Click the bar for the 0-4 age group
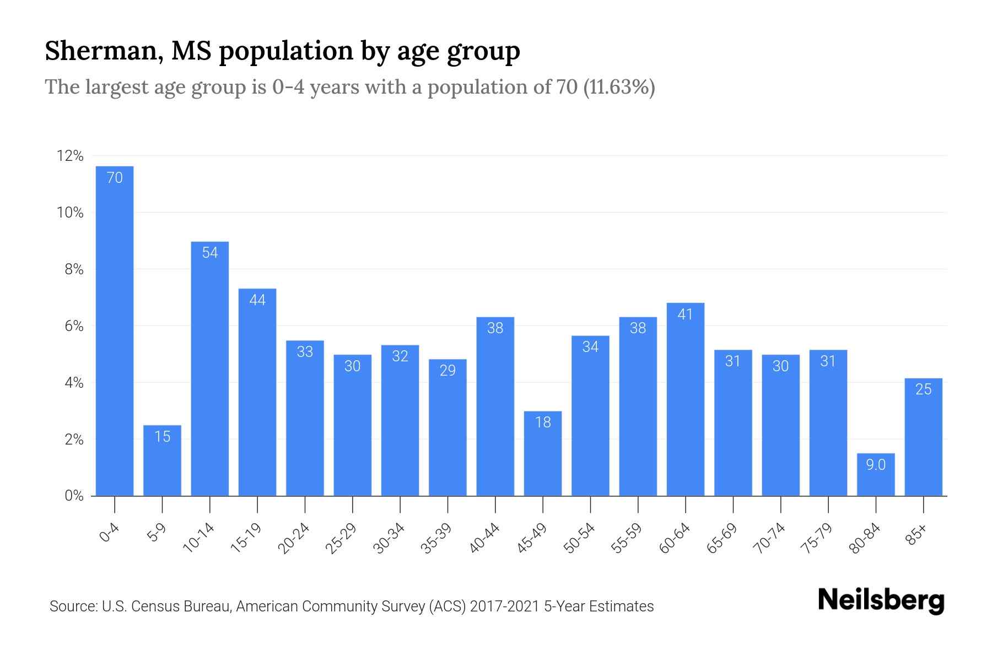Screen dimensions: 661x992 pyautogui.click(x=115, y=330)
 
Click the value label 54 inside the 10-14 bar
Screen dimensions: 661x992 pyautogui.click(x=210, y=253)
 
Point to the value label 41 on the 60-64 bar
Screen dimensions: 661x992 pyautogui.click(x=685, y=315)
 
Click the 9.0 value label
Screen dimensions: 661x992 pyautogui.click(x=876, y=465)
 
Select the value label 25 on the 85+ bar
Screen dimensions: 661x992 pyautogui.click(x=923, y=389)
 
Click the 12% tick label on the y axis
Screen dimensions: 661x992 pyautogui.click(x=70, y=156)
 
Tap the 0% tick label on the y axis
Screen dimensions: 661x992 pyautogui.click(x=74, y=496)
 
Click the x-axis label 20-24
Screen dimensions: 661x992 pyautogui.click(x=294, y=538)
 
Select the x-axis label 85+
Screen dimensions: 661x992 pyautogui.click(x=916, y=535)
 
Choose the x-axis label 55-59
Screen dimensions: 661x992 pyautogui.click(x=627, y=538)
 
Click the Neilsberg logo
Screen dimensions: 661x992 pyautogui.click(x=881, y=600)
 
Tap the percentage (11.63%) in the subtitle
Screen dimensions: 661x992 pyautogui.click(x=619, y=87)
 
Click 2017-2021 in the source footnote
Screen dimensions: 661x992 pyautogui.click(x=505, y=606)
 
